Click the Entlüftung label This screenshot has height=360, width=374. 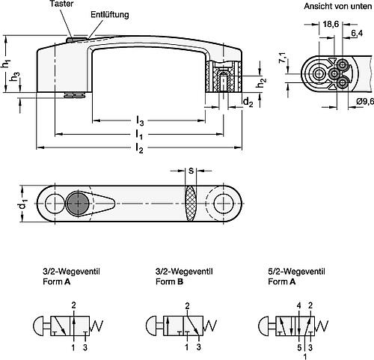click(x=109, y=15)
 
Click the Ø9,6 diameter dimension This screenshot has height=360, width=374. click(x=358, y=102)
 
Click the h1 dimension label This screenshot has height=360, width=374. click(x=7, y=64)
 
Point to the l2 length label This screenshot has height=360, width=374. click(x=139, y=149)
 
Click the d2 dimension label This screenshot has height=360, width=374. click(x=247, y=102)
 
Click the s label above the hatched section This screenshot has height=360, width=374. click(x=191, y=171)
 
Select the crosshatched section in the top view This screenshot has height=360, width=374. click(x=191, y=203)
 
